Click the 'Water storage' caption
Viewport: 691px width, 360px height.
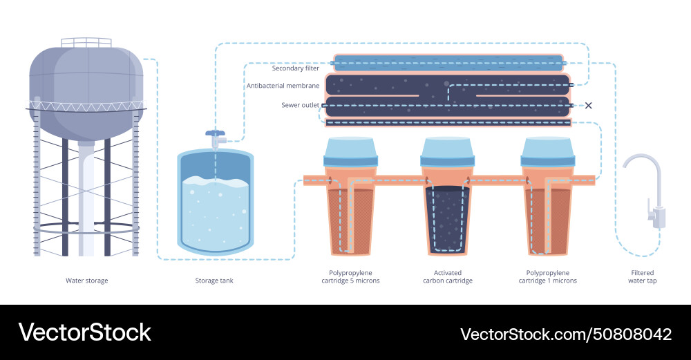pyautogui.click(x=86, y=281)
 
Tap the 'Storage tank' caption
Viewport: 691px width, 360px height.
pyautogui.click(x=214, y=281)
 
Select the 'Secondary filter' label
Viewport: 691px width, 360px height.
pyautogui.click(x=295, y=68)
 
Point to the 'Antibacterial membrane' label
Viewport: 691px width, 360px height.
pyautogui.click(x=283, y=86)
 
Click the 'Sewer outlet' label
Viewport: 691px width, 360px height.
pyautogui.click(x=300, y=105)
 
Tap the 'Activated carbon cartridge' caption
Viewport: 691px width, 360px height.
pyautogui.click(x=448, y=277)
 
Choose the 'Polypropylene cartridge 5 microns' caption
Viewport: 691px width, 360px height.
pyautogui.click(x=350, y=277)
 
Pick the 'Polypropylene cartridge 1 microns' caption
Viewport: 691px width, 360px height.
pyautogui.click(x=547, y=277)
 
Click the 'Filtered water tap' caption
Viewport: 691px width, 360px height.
pyautogui.click(x=641, y=277)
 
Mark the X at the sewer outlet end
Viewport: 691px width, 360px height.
pyautogui.click(x=589, y=106)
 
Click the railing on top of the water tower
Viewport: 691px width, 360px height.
pyautogui.click(x=86, y=42)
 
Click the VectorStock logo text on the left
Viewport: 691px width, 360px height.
pyautogui.click(x=84, y=332)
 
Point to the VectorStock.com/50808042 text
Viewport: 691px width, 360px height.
pyautogui.click(x=566, y=334)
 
